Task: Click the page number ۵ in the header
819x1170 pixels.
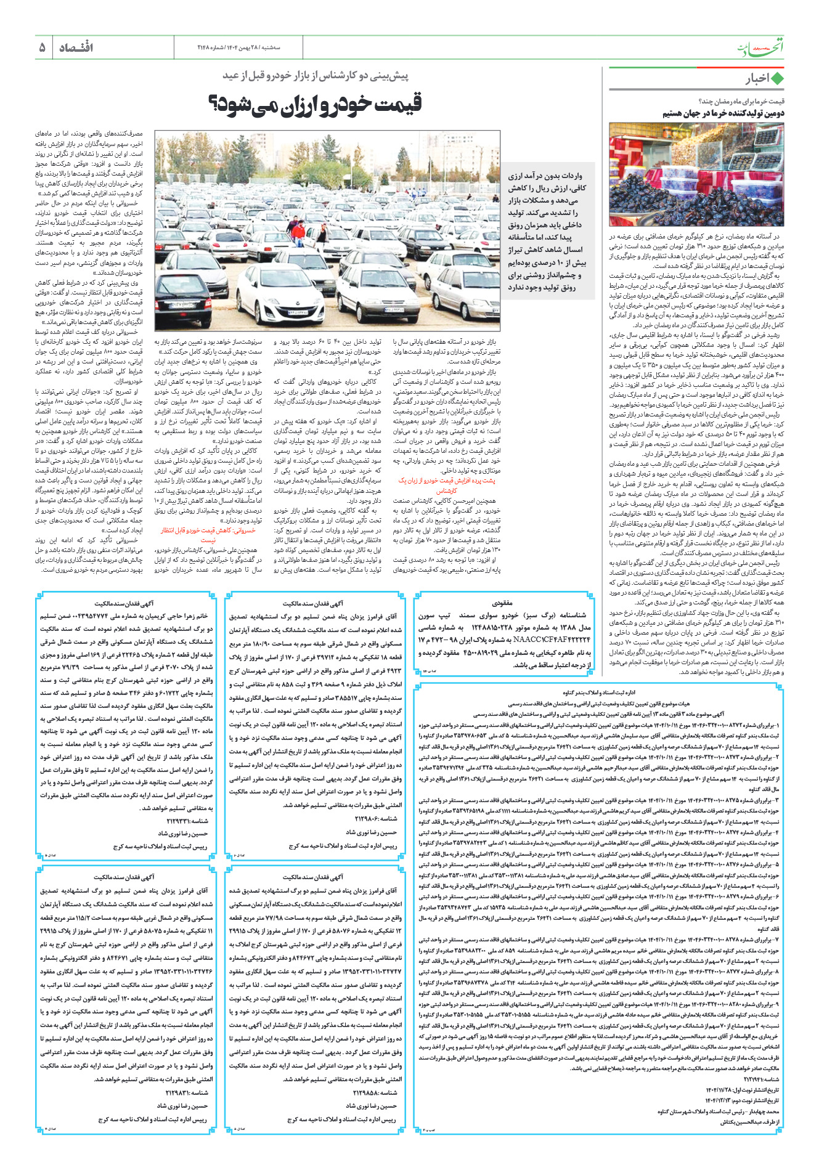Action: tap(42, 47)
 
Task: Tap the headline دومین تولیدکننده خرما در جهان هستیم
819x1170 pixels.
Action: tap(723, 113)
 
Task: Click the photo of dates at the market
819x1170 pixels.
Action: tap(696, 174)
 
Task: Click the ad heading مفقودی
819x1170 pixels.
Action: tap(502, 603)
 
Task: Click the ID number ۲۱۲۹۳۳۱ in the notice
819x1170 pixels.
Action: tap(187, 821)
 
